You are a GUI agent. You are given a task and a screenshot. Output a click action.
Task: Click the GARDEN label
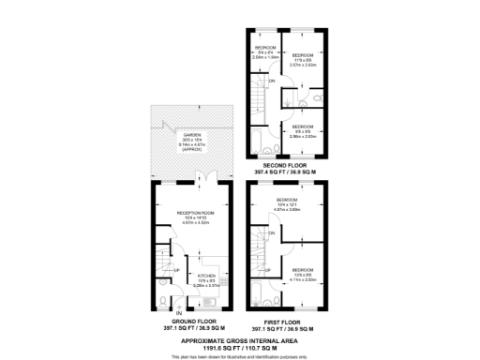pos(193,134)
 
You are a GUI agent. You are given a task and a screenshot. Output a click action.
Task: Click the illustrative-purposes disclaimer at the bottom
pos(239,354)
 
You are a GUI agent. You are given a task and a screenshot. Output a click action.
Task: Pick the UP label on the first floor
pos(267,271)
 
